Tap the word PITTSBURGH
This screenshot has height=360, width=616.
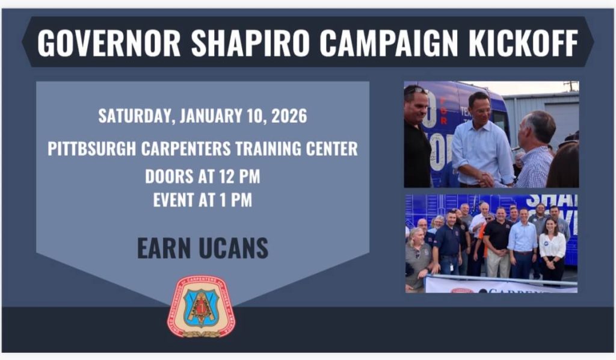click(x=92, y=149)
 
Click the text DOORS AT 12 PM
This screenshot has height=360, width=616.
click(x=202, y=176)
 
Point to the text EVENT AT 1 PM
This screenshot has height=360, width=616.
click(x=202, y=200)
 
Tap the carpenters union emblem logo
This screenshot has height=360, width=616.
click(x=202, y=306)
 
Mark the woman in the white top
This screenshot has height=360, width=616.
click(x=552, y=247)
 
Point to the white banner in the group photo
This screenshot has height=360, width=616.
click(x=499, y=285)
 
